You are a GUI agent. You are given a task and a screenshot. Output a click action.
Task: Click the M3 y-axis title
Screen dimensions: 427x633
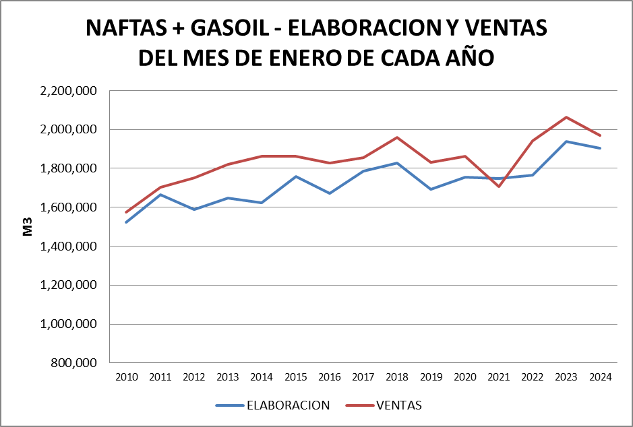pos(28,227)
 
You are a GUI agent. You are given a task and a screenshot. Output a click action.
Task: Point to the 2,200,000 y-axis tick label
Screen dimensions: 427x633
pos(69,90)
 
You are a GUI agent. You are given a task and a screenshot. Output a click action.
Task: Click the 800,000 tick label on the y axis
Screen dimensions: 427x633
pos(75,363)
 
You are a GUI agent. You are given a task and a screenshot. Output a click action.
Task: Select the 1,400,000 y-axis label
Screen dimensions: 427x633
pos(69,247)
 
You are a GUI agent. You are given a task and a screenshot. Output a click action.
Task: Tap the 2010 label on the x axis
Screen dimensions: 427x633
pos(127,377)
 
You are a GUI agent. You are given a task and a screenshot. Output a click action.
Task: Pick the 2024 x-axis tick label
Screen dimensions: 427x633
pos(600,377)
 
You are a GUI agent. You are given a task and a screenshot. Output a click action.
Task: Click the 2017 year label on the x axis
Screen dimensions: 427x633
pos(363,377)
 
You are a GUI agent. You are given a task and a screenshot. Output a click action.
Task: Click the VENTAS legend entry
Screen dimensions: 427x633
pos(398,405)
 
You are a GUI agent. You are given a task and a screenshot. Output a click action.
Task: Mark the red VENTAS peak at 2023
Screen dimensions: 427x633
pos(566,117)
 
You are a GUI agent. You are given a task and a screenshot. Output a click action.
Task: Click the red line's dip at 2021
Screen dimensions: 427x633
pos(499,186)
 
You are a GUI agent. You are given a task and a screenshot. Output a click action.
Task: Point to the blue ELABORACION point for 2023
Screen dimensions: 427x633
pos(566,141)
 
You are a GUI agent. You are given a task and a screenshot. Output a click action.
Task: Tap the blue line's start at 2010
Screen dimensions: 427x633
pos(127,222)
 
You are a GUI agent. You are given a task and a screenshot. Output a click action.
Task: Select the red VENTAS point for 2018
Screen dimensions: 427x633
pos(397,137)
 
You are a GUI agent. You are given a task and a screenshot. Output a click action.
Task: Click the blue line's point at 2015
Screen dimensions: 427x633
pos(296,176)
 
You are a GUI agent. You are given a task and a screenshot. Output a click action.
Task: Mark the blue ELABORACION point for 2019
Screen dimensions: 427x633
pos(431,189)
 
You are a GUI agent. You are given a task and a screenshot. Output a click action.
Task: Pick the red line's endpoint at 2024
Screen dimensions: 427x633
pos(600,135)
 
